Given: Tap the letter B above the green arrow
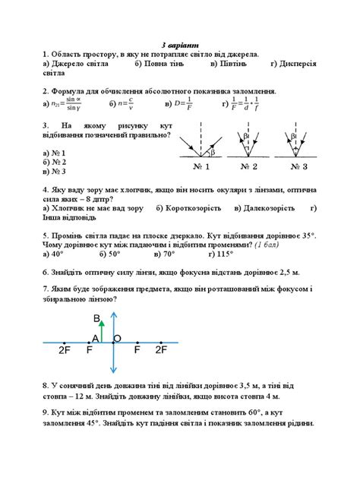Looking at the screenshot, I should pyautogui.click(x=96, y=317).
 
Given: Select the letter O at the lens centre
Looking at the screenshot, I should pyautogui.click(x=118, y=337).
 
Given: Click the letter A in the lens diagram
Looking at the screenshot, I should pyautogui.click(x=95, y=338).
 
